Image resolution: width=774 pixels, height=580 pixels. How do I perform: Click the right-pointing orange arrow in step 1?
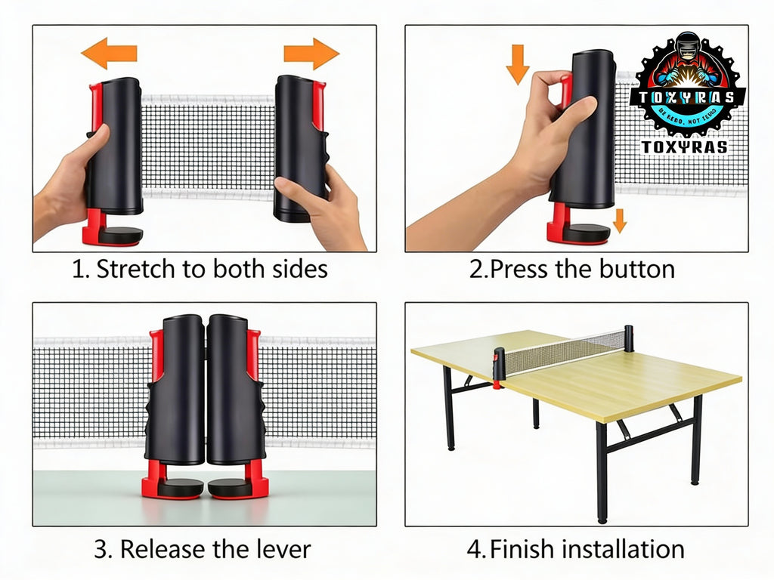[x=311, y=54]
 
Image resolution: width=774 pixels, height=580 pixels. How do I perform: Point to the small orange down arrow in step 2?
[x=620, y=220]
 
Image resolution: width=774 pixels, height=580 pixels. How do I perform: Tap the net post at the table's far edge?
[x=628, y=338]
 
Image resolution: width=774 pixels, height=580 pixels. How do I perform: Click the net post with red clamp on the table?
[x=499, y=366]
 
